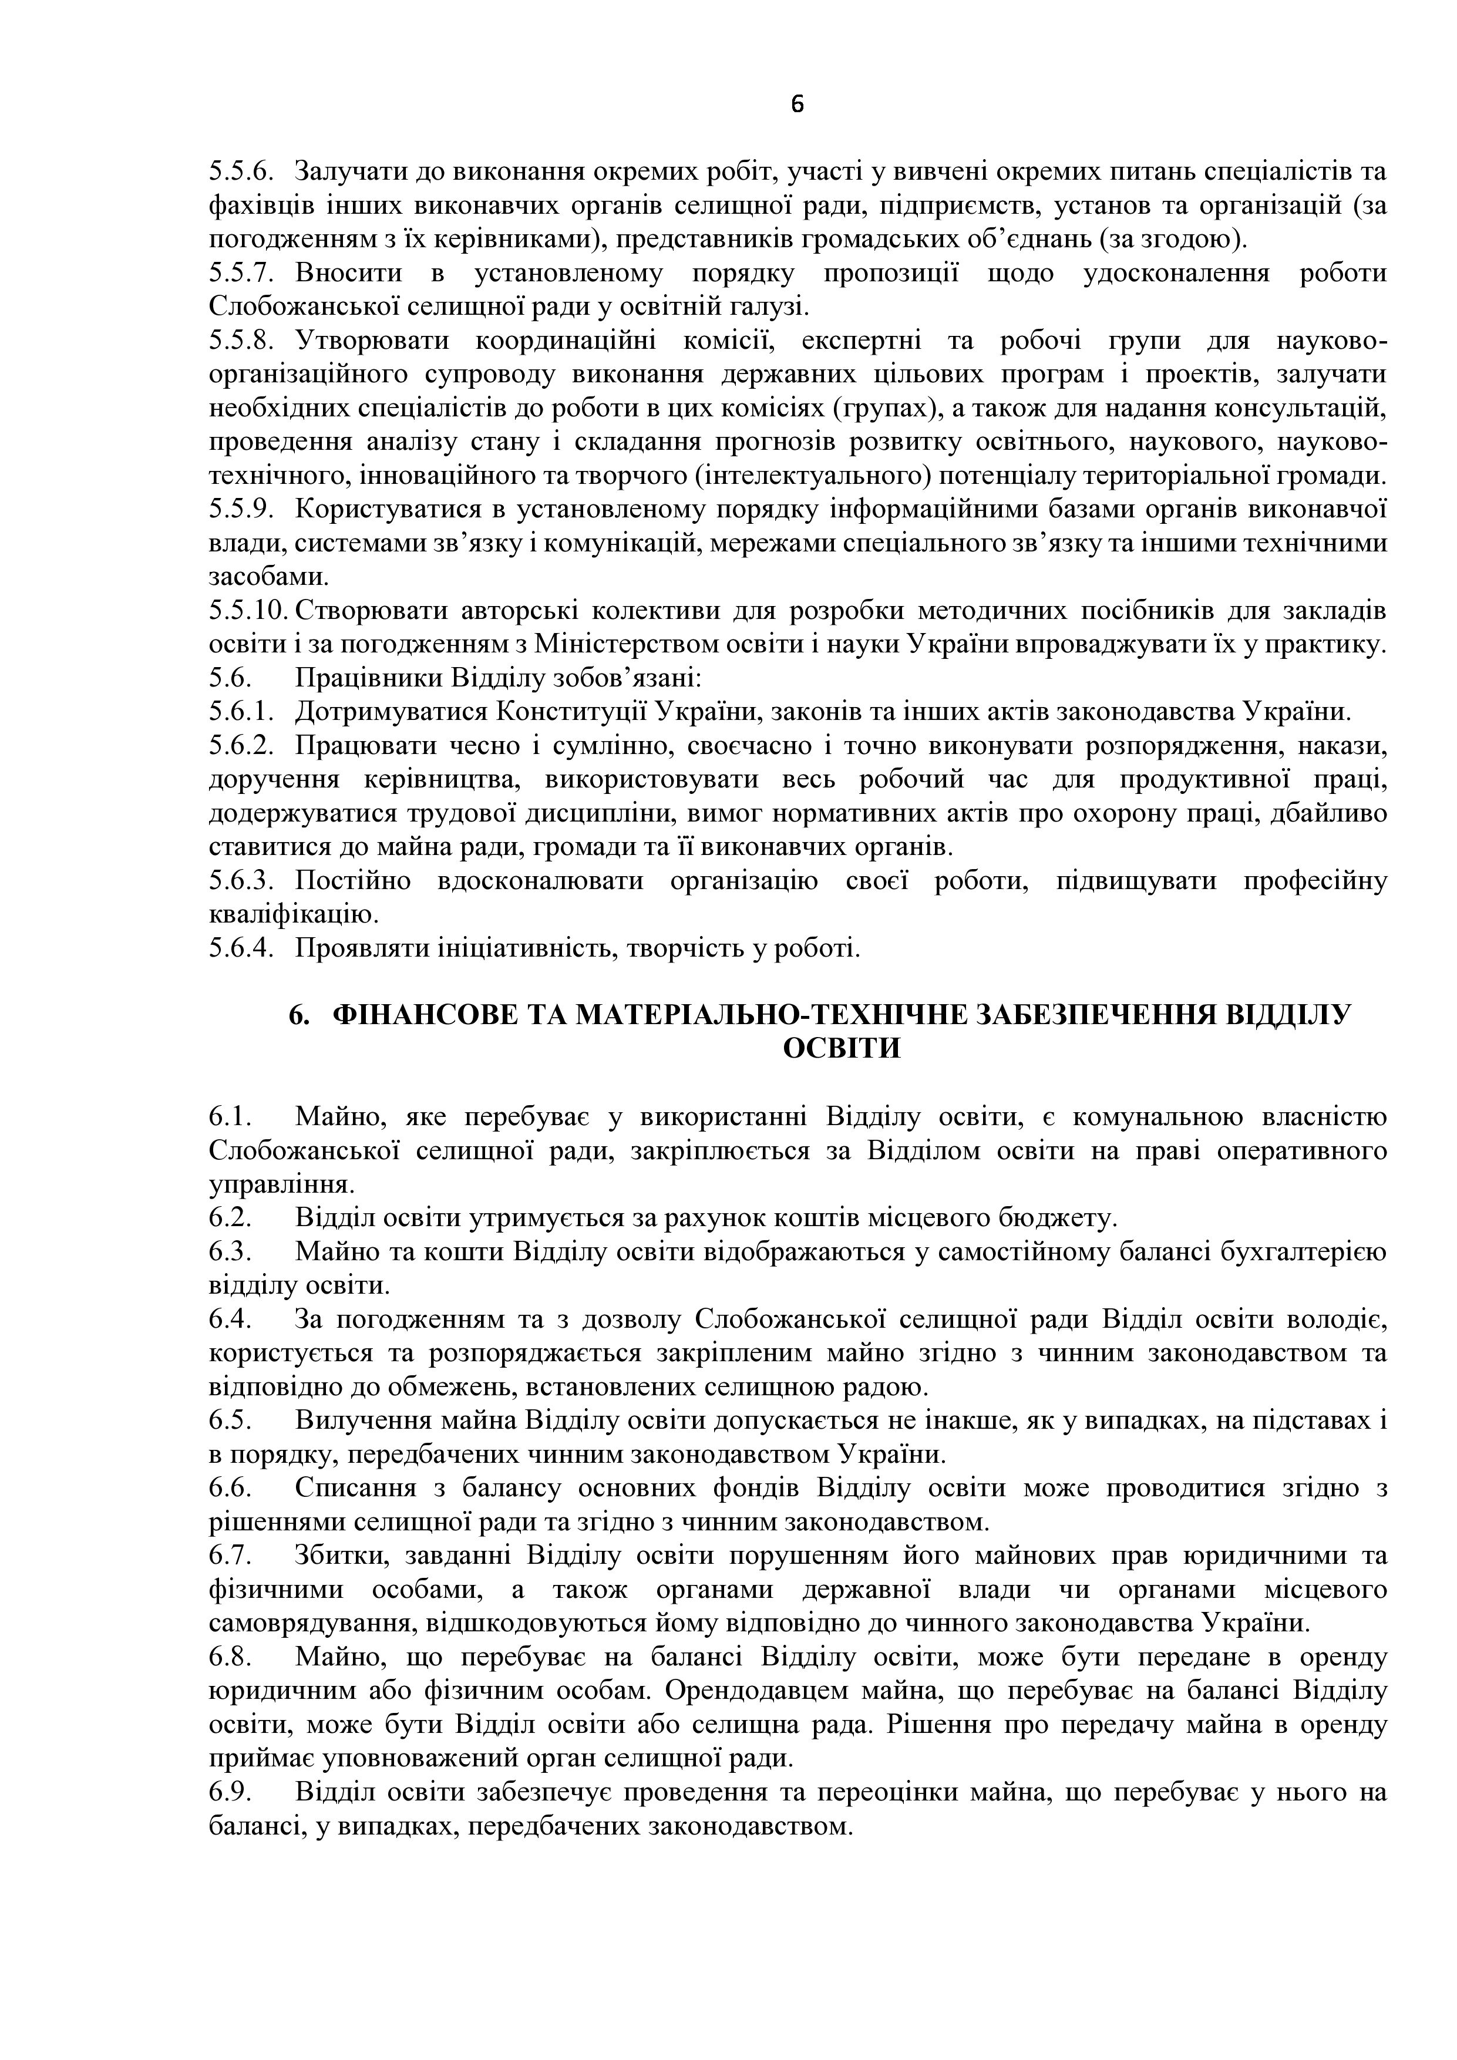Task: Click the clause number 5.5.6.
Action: click(240, 171)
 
